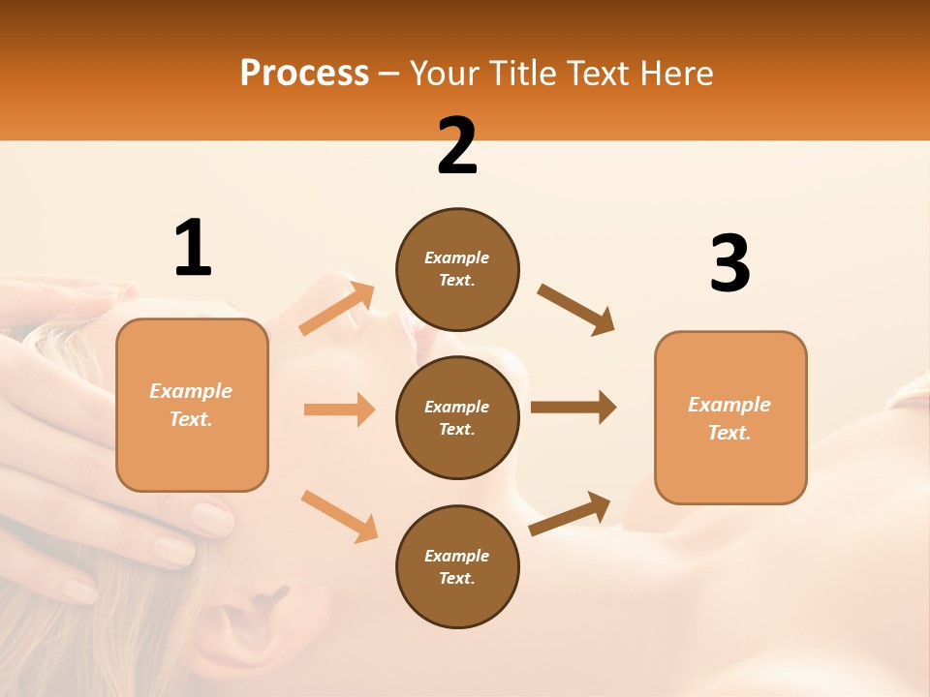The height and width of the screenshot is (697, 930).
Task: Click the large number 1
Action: tap(193, 248)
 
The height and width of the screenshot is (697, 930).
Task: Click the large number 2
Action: tap(457, 146)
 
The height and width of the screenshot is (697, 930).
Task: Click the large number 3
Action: tap(729, 264)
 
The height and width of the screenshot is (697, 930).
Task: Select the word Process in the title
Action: tap(304, 73)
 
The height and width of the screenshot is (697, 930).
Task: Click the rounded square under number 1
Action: tap(192, 405)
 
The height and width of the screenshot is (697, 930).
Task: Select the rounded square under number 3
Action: tap(730, 417)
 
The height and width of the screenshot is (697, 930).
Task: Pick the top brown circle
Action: tap(457, 269)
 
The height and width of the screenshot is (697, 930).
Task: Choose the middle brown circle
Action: tap(457, 417)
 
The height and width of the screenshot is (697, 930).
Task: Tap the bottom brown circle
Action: tap(457, 566)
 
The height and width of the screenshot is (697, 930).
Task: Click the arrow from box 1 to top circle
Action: tap(337, 309)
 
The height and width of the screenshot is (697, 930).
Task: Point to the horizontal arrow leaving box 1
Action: tap(339, 409)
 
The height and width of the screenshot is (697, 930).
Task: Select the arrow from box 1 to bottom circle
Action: tap(339, 516)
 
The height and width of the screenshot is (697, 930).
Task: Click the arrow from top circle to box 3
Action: tap(575, 310)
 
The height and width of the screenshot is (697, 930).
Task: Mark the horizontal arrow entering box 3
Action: tap(573, 407)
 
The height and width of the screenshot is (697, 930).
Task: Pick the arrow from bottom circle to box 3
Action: tap(570, 513)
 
